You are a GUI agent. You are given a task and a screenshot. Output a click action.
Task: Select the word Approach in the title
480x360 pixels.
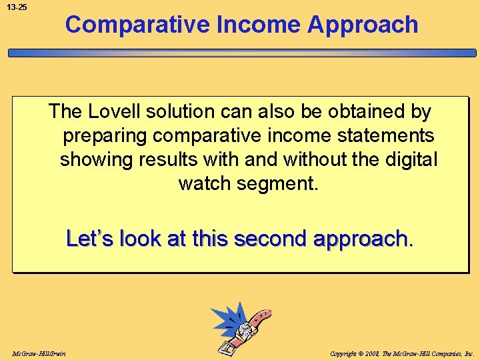point(363,25)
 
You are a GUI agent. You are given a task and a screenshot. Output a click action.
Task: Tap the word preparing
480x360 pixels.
point(105,136)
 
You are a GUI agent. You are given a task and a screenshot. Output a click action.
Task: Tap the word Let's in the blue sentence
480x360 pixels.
point(91,238)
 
